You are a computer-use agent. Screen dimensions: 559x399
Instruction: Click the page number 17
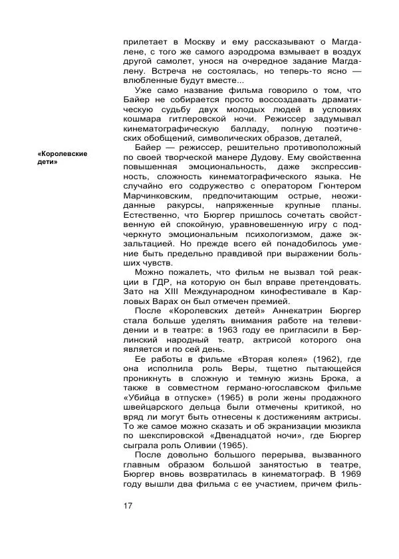click(128, 507)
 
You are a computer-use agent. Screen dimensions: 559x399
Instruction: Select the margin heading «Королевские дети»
click(63, 157)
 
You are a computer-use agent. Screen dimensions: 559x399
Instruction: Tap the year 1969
click(348, 475)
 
